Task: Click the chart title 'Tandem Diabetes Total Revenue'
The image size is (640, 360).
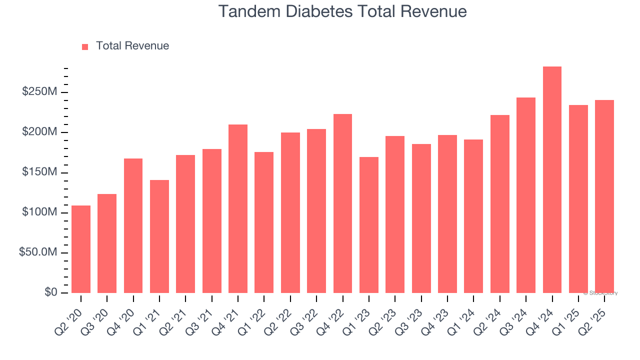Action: click(x=342, y=11)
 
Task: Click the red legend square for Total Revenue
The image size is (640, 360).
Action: click(x=85, y=46)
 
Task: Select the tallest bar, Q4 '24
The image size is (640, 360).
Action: click(x=552, y=180)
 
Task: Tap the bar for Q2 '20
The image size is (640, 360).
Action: click(x=81, y=249)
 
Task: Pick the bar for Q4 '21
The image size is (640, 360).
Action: click(x=238, y=209)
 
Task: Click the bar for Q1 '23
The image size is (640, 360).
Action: click(x=369, y=225)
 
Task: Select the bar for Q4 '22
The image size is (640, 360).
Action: click(x=342, y=203)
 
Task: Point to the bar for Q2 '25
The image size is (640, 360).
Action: click(x=604, y=196)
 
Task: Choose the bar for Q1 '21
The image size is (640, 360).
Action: click(x=159, y=236)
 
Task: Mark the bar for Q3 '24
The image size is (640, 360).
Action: click(x=526, y=195)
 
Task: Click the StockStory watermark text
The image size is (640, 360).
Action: click(x=600, y=293)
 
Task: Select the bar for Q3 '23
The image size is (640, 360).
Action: click(x=421, y=218)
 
